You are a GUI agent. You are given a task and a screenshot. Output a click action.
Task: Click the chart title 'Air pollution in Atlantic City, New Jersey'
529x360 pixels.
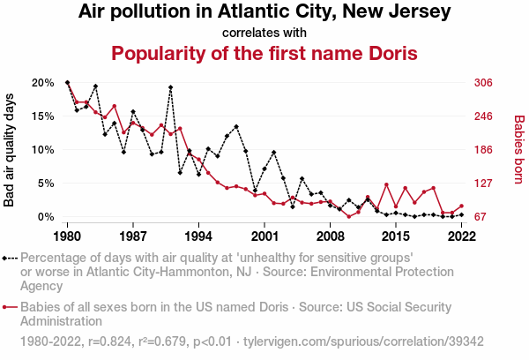click(264, 12)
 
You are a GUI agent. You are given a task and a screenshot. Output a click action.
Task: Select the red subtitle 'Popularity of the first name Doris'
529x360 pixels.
click(264, 54)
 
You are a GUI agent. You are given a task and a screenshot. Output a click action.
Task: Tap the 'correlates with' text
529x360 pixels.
click(264, 33)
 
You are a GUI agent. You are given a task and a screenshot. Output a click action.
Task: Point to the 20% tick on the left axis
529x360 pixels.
click(43, 83)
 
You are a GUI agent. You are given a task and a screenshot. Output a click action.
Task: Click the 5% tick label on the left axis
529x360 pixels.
click(46, 184)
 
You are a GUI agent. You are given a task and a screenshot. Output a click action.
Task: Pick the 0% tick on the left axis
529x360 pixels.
click(46, 217)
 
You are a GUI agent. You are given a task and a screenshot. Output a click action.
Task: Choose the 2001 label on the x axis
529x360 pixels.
click(264, 236)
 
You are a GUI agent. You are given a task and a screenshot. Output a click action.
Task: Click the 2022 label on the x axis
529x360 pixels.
click(461, 236)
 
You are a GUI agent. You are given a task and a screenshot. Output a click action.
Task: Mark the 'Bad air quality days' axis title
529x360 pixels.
click(11, 149)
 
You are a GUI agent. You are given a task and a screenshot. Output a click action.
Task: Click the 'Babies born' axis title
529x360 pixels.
click(518, 149)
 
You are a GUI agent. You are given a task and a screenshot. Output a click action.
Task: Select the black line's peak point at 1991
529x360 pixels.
click(170, 87)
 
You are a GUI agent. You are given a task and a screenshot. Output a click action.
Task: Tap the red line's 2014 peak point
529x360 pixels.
click(386, 184)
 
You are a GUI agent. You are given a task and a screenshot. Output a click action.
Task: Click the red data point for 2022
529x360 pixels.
click(461, 206)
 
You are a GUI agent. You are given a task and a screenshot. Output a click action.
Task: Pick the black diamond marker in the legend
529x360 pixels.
click(10, 259)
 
